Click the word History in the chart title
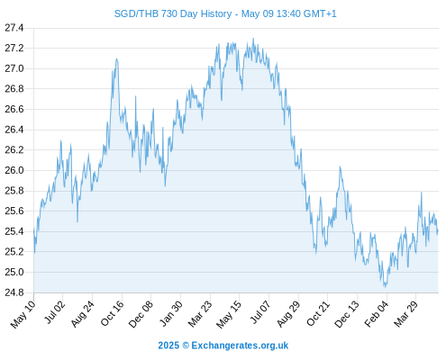point(216,13)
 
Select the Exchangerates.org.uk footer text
point(240,346)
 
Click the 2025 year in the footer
point(168,346)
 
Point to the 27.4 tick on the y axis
point(14,28)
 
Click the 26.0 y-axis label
point(14,170)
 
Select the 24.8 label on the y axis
point(14,292)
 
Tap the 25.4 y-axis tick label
point(14,231)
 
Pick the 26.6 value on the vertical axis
point(14,109)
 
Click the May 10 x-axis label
point(23,314)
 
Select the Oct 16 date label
point(112,313)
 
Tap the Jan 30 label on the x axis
point(170,313)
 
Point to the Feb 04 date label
point(377,314)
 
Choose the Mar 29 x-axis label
point(405,314)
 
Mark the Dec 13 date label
point(347,314)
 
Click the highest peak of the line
point(253,39)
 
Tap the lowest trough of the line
point(386,287)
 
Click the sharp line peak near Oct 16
point(116,59)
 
